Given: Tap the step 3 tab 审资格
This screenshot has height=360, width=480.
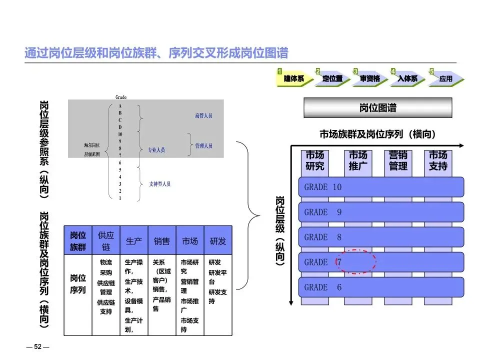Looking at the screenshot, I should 370,78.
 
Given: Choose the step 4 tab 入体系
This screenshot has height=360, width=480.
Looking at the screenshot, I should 407,78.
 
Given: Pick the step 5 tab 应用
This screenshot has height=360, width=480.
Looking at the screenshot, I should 445,78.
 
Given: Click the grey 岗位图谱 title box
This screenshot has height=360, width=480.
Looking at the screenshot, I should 377,108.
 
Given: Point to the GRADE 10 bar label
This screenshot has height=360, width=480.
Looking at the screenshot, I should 323,187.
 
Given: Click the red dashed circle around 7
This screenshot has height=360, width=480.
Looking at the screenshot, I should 355,261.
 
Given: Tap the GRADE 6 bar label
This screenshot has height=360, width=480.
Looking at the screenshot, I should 323,287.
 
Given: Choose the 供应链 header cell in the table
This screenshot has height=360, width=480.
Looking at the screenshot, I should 106,241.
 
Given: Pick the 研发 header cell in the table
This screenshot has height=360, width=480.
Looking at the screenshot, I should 218,241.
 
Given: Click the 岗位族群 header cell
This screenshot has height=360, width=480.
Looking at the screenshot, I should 78,241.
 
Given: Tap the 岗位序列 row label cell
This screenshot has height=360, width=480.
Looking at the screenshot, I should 78,284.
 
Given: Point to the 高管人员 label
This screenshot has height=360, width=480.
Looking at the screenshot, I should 203,116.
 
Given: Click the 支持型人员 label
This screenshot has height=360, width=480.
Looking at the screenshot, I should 159,184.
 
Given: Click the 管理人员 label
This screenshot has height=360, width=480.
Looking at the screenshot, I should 203,146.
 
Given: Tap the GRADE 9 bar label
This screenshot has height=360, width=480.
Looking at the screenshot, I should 323,212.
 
